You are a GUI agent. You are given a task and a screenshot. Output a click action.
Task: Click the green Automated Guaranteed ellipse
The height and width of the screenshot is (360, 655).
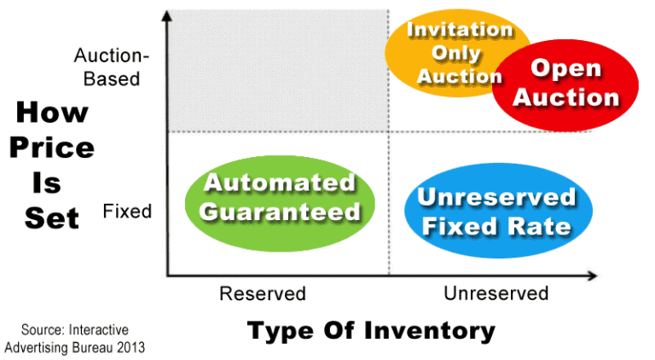click(280, 198)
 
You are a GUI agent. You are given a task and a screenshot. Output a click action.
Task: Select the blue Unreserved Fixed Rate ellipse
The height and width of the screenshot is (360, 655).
click(496, 212)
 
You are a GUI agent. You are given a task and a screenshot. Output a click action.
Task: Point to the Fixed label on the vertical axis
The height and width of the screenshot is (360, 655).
click(127, 211)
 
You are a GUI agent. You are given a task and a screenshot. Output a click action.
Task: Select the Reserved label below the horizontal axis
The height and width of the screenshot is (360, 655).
click(263, 293)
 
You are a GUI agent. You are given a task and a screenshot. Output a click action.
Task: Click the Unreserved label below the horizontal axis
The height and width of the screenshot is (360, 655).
click(496, 293)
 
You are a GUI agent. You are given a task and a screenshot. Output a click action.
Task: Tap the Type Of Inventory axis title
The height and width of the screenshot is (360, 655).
click(370, 330)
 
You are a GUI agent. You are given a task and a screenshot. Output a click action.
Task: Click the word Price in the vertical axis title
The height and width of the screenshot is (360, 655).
click(51, 148)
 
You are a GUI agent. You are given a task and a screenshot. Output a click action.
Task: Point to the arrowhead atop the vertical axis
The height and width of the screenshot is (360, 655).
click(166, 15)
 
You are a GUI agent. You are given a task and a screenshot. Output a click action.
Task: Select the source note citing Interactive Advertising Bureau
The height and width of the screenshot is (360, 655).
click(74, 339)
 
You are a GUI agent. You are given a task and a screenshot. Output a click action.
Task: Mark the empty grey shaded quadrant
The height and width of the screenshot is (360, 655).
click(277, 73)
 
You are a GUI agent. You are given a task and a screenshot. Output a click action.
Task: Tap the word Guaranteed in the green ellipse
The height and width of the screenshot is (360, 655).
click(280, 211)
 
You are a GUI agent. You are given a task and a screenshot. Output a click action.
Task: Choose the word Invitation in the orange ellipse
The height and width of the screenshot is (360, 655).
click(460, 30)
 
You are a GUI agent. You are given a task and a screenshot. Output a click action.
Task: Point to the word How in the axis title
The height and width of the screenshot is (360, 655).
click(51, 112)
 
